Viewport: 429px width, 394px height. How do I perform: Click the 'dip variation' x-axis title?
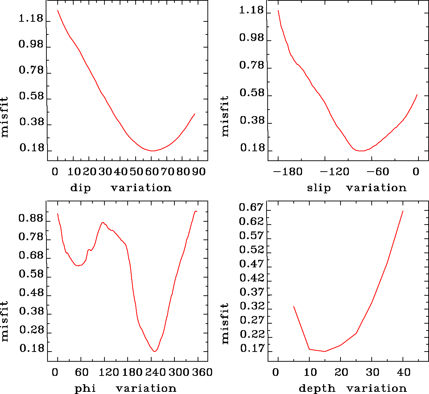[x=120, y=188]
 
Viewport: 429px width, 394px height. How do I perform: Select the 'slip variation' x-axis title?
[x=356, y=188]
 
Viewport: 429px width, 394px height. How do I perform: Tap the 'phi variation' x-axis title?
[x=125, y=389]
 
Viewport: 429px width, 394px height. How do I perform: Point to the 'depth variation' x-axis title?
[x=352, y=389]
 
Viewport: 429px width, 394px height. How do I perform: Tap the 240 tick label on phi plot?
[x=155, y=372]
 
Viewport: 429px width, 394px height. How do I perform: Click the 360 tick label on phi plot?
[x=202, y=372]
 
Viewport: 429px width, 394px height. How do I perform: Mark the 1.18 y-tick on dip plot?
[x=31, y=18]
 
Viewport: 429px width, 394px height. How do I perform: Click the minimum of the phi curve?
[x=155, y=351]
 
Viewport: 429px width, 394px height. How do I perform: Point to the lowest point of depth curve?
[x=325, y=351]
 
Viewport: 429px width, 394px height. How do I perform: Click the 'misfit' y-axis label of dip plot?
[x=4, y=117]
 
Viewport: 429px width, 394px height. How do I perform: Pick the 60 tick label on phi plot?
[x=81, y=372]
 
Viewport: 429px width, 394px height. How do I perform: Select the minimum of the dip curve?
[x=153, y=151]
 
